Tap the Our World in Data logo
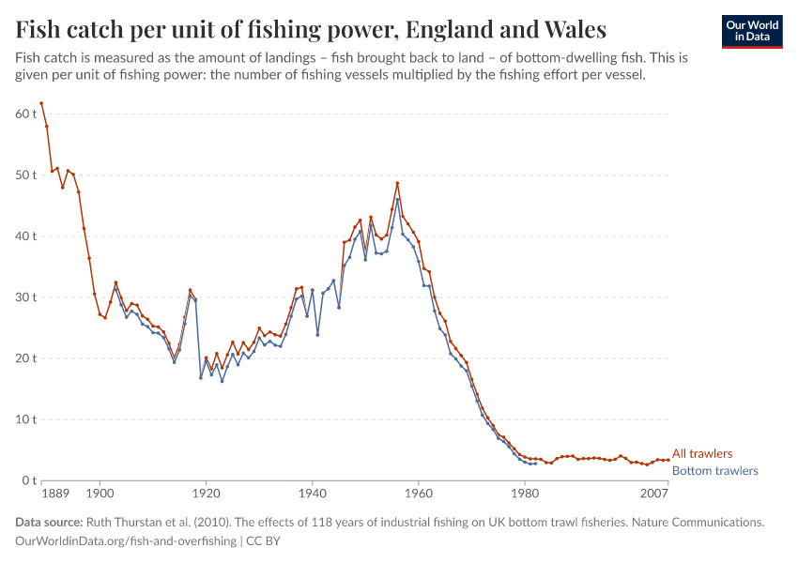(x=751, y=31)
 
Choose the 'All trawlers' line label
(x=702, y=454)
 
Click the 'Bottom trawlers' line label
(x=715, y=471)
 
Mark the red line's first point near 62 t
(x=41, y=103)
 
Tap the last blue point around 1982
(x=535, y=464)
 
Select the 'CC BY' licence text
(x=265, y=541)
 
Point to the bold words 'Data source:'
(x=49, y=522)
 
